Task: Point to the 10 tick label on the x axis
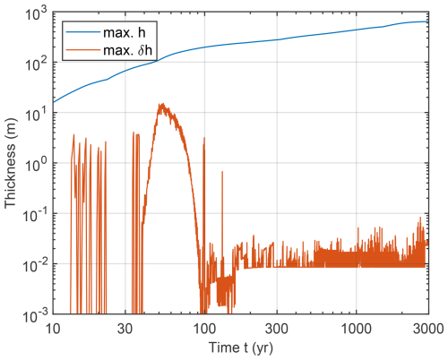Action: coord(51,329)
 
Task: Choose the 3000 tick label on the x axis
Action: coord(427,329)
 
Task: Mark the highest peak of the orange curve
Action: coord(161,104)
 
